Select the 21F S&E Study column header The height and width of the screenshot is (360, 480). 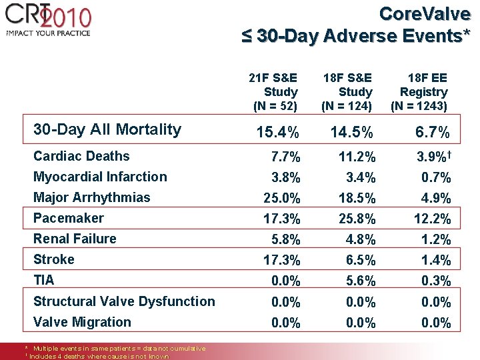click(274, 91)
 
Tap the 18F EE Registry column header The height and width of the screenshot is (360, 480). click(419, 91)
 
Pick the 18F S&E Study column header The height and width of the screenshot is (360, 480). click(347, 91)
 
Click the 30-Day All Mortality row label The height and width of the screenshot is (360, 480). click(107, 129)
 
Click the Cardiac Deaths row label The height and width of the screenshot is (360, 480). click(81, 156)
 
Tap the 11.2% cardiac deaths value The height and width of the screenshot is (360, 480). click(357, 158)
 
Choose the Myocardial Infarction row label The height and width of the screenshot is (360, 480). click(100, 177)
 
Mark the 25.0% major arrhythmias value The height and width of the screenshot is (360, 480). click(281, 199)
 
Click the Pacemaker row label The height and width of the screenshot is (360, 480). click(69, 218)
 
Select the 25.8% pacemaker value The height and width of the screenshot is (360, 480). click(357, 219)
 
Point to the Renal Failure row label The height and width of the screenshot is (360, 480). click(75, 239)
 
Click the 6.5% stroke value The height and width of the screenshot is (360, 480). click(361, 261)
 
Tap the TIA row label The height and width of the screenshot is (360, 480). click(43, 280)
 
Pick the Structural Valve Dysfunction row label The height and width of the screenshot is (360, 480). click(124, 301)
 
